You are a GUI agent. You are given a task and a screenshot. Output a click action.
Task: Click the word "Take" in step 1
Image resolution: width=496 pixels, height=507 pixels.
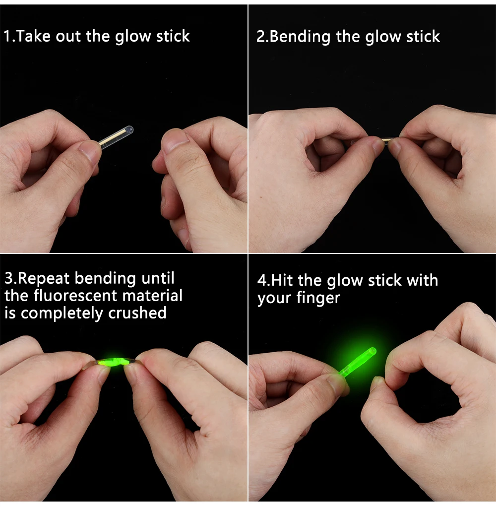(33, 36)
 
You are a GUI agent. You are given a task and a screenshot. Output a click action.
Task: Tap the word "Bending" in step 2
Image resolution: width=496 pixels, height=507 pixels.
(300, 37)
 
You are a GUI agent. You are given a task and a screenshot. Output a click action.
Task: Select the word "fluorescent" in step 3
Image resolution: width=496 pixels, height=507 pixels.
(75, 295)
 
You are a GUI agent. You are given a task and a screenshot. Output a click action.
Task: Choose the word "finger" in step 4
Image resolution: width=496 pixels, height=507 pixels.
(318, 298)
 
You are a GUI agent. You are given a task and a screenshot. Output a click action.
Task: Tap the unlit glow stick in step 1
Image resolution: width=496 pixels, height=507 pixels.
(116, 136)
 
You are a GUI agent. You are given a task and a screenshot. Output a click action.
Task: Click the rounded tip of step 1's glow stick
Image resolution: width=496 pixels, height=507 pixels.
(130, 129)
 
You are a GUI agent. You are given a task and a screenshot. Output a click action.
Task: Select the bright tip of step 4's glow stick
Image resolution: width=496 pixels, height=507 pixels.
(372, 351)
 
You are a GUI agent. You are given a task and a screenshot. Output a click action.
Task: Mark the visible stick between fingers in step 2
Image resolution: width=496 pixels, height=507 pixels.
(387, 140)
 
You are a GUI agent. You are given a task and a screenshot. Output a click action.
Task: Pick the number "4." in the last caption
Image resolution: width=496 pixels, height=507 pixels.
(264, 280)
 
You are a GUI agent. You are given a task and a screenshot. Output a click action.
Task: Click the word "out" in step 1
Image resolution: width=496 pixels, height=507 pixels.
(68, 36)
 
